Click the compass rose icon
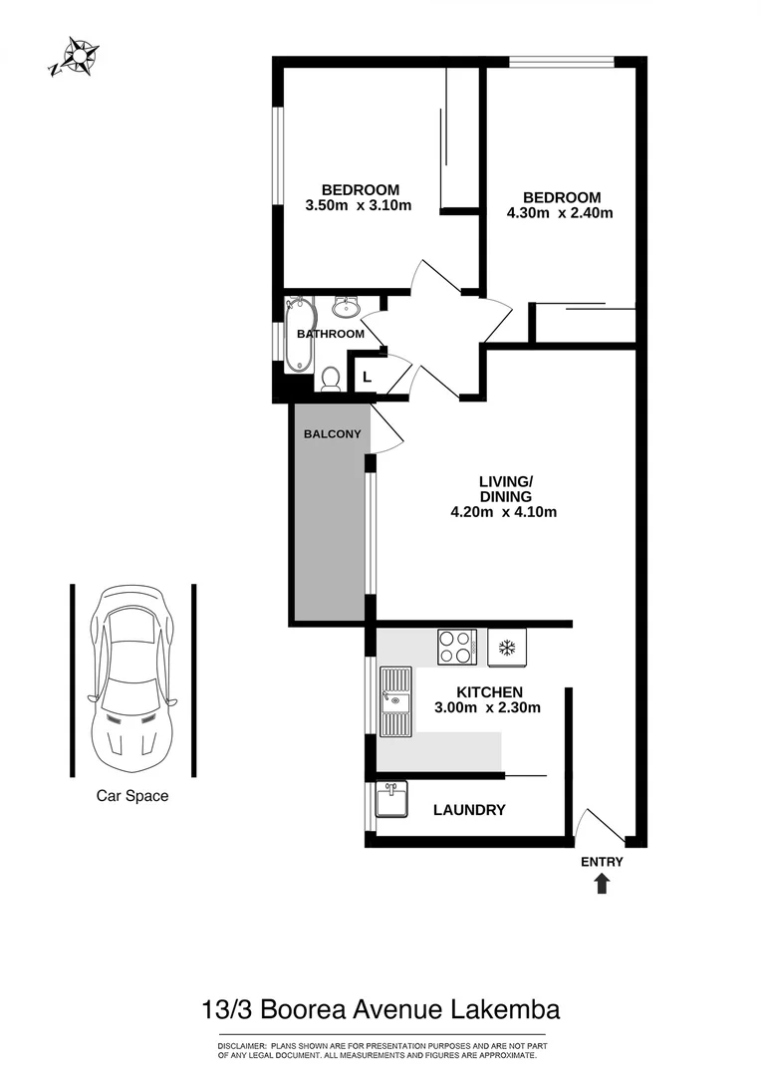click(76, 56)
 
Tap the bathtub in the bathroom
click(298, 335)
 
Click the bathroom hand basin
click(347, 307)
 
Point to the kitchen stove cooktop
click(457, 648)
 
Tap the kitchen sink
click(395, 701)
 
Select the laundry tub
click(390, 799)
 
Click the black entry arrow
click(602, 884)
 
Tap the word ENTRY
click(602, 862)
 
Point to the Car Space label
click(132, 796)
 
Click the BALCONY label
click(333, 434)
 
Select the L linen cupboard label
click(368, 377)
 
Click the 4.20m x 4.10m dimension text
click(503, 513)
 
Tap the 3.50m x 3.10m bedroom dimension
click(359, 206)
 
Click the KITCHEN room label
click(490, 692)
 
